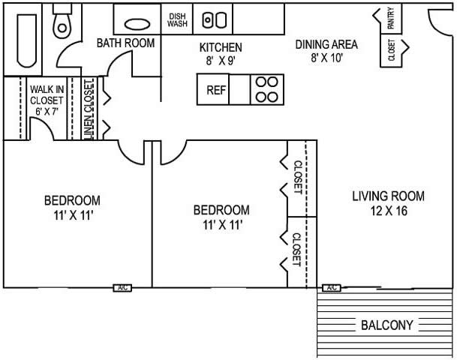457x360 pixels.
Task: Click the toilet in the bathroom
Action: (x=62, y=22)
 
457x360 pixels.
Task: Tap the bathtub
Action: (x=27, y=40)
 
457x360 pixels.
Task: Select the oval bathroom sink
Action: (x=137, y=24)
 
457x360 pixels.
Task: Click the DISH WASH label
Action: (x=177, y=20)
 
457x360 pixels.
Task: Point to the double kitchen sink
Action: (x=215, y=20)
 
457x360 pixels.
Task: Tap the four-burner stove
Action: (x=267, y=90)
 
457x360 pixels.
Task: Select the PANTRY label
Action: (x=391, y=18)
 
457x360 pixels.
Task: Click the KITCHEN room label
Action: (x=221, y=47)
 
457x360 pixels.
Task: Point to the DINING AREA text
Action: (x=326, y=44)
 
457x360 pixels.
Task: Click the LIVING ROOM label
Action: (x=388, y=196)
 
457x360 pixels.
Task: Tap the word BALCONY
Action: (x=387, y=325)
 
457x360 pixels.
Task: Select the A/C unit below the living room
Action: (x=332, y=288)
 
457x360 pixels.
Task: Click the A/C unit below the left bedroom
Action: (x=122, y=288)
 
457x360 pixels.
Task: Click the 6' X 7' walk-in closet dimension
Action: (x=47, y=111)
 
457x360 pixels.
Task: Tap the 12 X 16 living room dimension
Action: (x=389, y=211)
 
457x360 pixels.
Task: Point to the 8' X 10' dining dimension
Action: (x=326, y=58)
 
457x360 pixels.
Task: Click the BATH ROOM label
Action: (x=125, y=43)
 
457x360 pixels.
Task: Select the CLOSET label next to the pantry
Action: (x=392, y=50)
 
